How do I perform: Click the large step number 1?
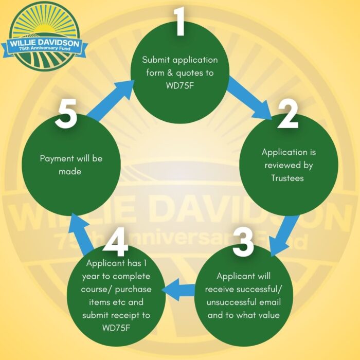(179, 22)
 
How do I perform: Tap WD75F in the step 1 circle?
(180, 86)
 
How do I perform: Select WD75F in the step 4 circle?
(118, 327)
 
